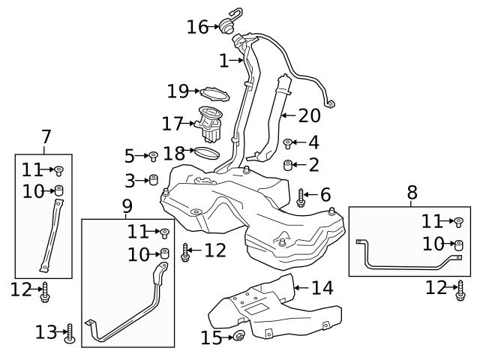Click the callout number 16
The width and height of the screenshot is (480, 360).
point(196,28)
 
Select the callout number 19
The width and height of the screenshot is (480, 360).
point(177,91)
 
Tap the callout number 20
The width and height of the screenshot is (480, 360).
point(309,115)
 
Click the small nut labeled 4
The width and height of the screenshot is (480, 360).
point(287,142)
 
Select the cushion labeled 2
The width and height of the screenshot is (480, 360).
point(287,164)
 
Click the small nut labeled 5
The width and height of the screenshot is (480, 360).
point(152,156)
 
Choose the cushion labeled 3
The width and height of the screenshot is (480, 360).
point(153,180)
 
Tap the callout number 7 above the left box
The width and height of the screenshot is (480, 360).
point(46,138)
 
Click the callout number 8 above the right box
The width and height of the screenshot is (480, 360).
point(412,193)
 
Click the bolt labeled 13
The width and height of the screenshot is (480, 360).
point(70,331)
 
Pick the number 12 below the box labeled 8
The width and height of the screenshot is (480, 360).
point(436,287)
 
